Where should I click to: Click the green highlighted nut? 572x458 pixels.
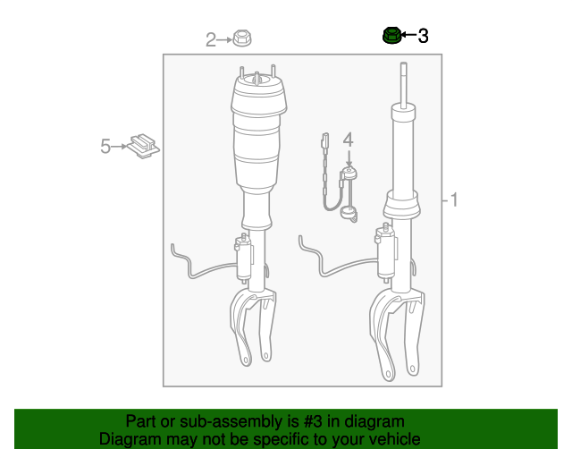[391, 36]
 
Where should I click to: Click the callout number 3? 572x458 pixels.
[423, 36]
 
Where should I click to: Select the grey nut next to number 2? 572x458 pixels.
[242, 38]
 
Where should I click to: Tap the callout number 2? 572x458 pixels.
[211, 40]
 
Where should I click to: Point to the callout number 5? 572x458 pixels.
[105, 146]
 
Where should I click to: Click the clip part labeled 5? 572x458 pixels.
[143, 146]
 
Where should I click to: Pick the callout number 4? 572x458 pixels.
[349, 140]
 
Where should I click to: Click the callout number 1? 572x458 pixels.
[454, 199]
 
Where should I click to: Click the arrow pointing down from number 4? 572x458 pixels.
[349, 158]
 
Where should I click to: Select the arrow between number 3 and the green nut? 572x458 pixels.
[408, 35]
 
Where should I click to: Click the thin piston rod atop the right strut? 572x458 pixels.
[403, 85]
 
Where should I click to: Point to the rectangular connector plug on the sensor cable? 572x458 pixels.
[324, 140]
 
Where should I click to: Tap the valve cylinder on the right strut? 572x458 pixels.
[386, 252]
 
